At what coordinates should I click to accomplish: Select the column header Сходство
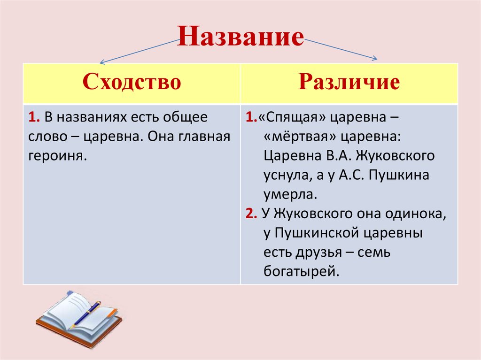[x=132, y=82]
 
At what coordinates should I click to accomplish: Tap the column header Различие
[x=349, y=82]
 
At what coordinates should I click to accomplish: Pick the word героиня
[x=58, y=155]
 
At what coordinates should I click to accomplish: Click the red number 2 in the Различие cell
[x=249, y=214]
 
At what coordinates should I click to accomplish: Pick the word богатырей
[x=301, y=271]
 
